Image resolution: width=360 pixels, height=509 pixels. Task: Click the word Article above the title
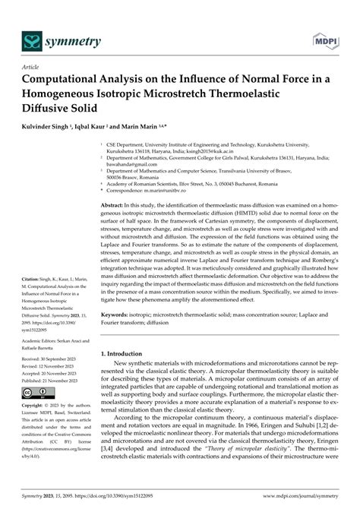31,66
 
